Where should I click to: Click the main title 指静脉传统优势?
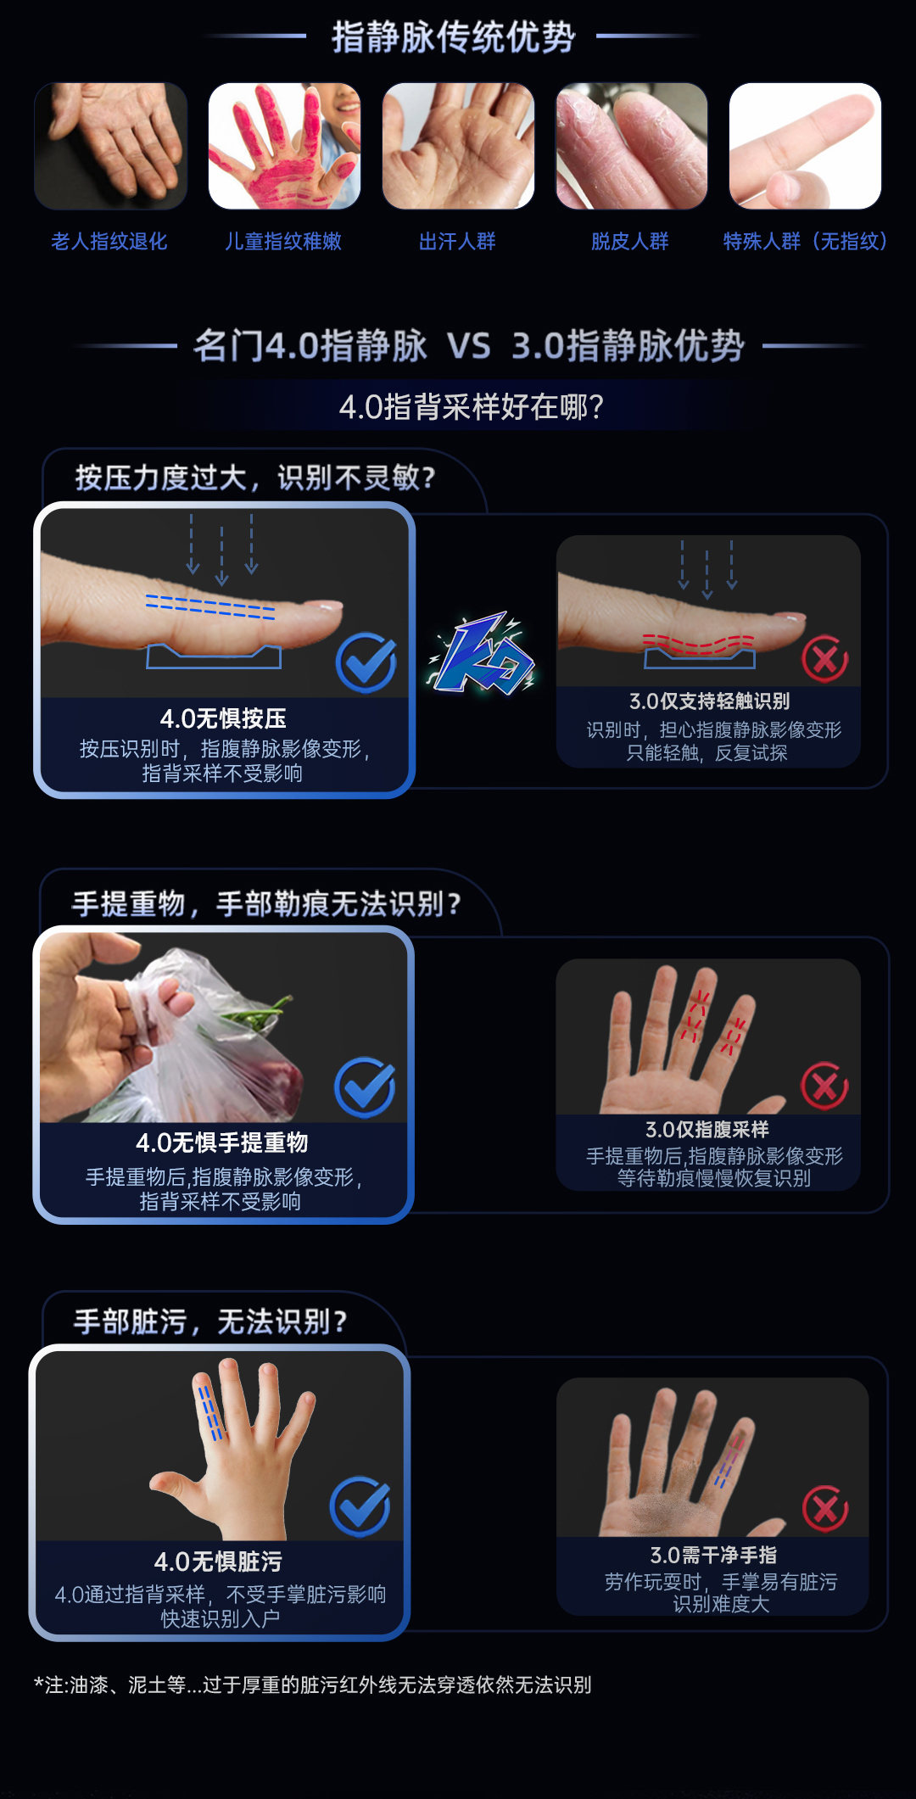(x=453, y=37)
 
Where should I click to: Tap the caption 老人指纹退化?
(x=109, y=242)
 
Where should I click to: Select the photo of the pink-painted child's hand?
(x=284, y=146)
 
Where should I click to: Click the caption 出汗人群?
(x=457, y=242)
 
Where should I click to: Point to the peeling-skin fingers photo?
(x=632, y=146)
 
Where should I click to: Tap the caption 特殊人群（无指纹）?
(x=805, y=242)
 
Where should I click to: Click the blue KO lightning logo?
(x=483, y=653)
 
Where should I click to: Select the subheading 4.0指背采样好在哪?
(x=472, y=407)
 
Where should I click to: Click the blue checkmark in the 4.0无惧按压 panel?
(x=366, y=662)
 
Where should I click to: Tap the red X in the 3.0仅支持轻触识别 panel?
(x=825, y=659)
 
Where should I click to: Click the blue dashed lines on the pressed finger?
(x=210, y=606)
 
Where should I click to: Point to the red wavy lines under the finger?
(x=698, y=645)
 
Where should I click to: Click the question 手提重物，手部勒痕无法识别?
(x=266, y=904)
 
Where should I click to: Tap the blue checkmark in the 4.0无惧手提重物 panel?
(x=365, y=1087)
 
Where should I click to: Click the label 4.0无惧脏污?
(x=218, y=1562)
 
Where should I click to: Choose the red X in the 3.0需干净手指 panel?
(x=825, y=1509)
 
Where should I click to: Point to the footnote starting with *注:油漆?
(x=313, y=1684)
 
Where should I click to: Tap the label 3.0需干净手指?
(x=713, y=1555)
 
